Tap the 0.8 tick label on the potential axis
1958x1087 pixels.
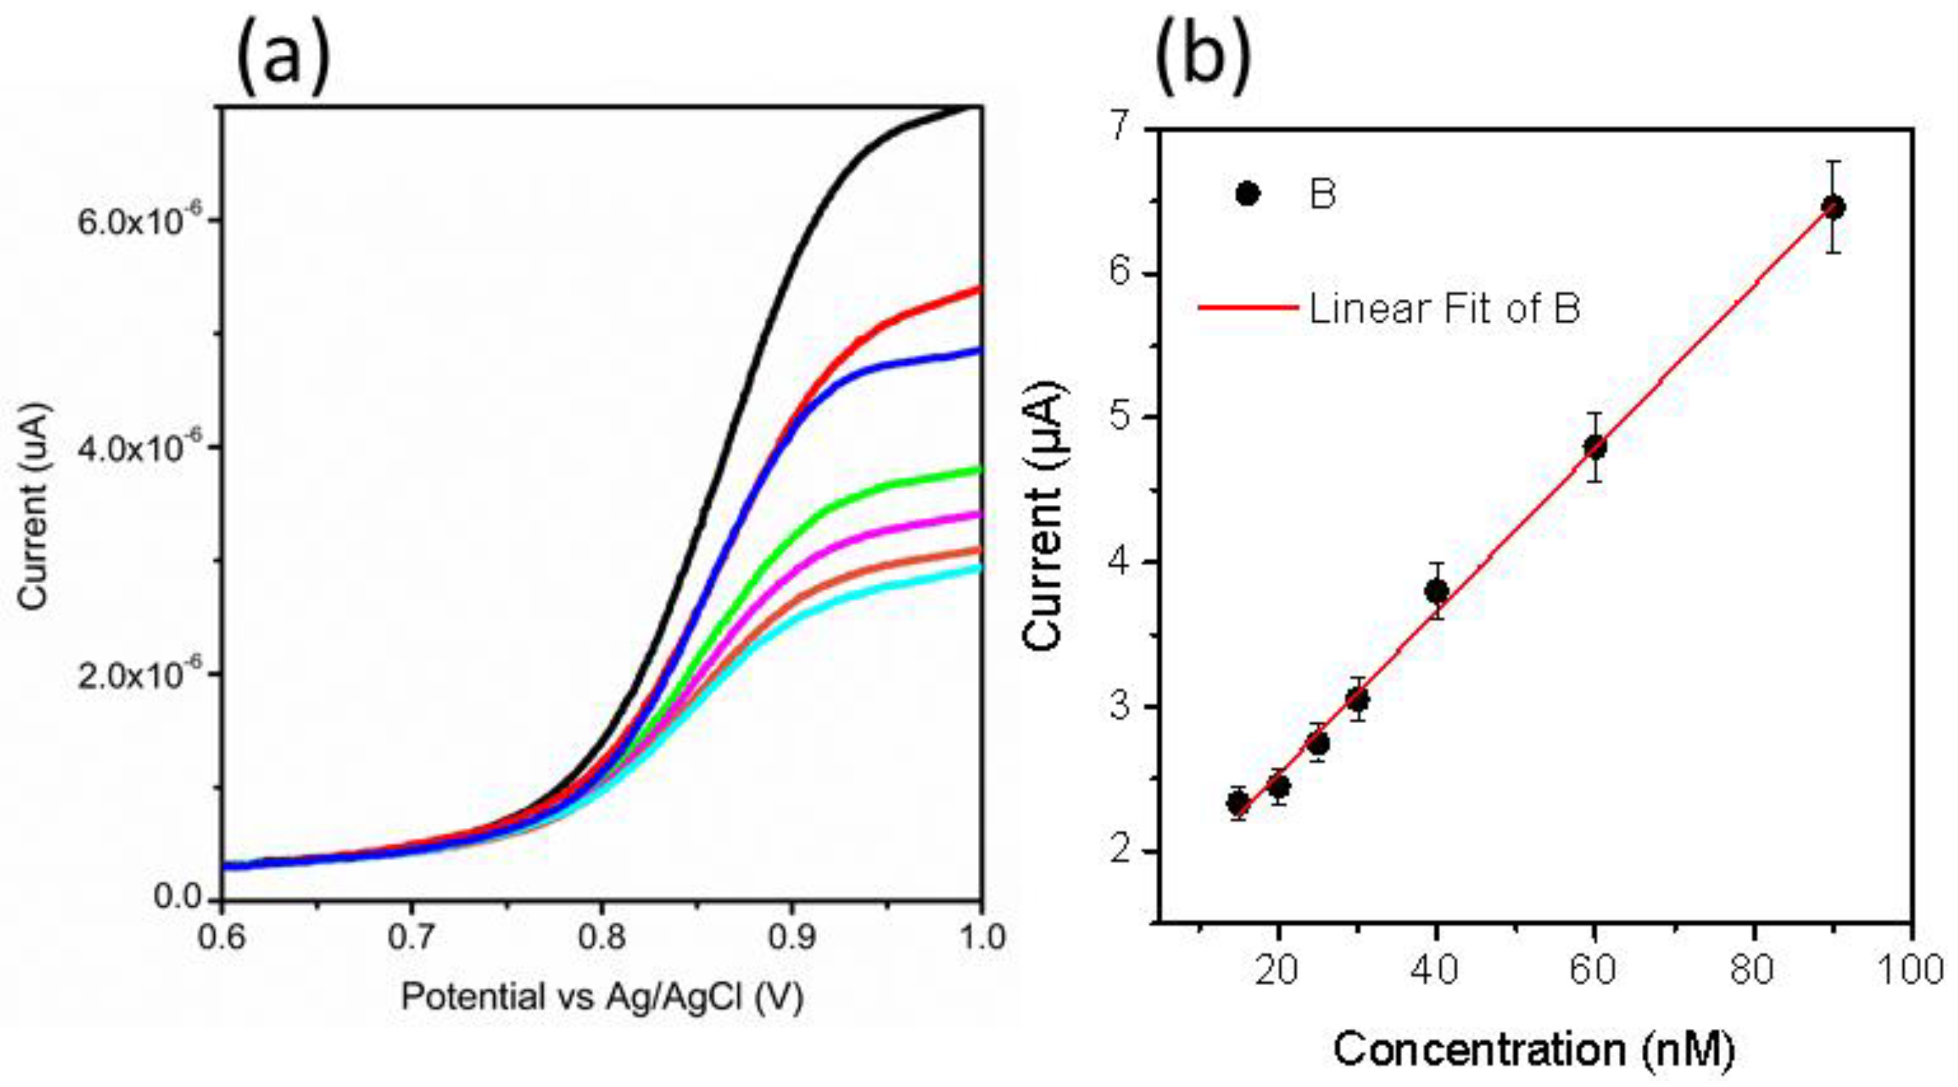(601, 938)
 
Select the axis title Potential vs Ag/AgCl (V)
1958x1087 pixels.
(601, 997)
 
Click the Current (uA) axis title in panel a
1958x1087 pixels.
(33, 506)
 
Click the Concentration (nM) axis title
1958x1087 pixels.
(1535, 1050)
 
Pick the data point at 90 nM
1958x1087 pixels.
(1834, 207)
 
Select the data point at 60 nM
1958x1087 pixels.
(1595, 447)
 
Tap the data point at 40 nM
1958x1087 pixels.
(1436, 591)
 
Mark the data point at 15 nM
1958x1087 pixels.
(1238, 802)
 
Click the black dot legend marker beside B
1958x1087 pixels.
(1247, 194)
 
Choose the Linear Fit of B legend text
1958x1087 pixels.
(1444, 308)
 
